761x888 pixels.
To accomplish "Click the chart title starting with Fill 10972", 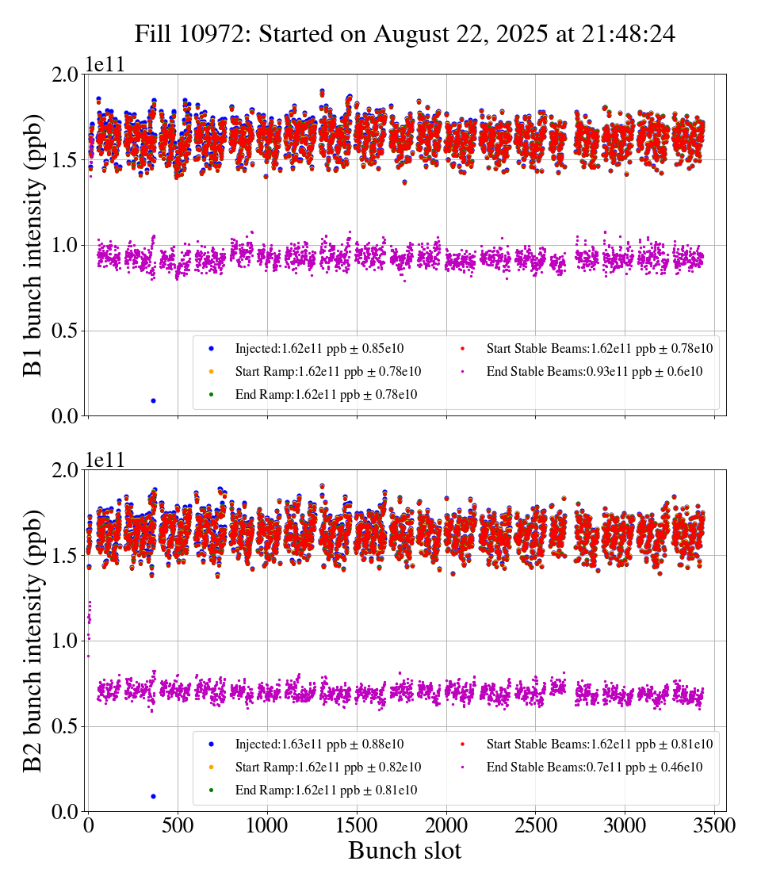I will [x=404, y=34].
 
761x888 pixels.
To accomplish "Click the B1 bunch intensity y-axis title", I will [x=33, y=245].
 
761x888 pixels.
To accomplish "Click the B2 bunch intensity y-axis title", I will [x=33, y=641].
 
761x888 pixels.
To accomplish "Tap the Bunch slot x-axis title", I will [x=404, y=851].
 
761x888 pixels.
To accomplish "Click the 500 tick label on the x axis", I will [x=178, y=825].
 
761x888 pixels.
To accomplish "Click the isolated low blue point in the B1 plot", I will [x=153, y=400].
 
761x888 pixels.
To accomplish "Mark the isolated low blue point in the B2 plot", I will [x=153, y=796].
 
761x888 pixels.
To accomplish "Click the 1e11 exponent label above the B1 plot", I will [x=105, y=65].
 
